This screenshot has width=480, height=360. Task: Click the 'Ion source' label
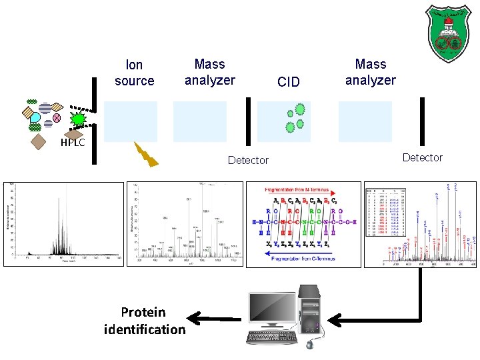(x=134, y=73)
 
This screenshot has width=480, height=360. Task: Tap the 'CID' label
(x=288, y=82)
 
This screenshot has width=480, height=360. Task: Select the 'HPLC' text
(x=71, y=142)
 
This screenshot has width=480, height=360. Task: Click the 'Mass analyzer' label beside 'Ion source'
(x=209, y=72)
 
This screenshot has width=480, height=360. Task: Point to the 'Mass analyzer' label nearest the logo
(x=370, y=72)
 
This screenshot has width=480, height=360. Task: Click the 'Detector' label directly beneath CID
(x=248, y=160)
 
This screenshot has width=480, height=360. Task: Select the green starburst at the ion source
(x=79, y=118)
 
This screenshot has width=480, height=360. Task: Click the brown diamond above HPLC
(x=39, y=141)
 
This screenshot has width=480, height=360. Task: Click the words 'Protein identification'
(x=145, y=321)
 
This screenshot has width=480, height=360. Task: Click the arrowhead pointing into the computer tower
(x=333, y=321)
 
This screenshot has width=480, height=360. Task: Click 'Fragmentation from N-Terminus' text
(x=304, y=190)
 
